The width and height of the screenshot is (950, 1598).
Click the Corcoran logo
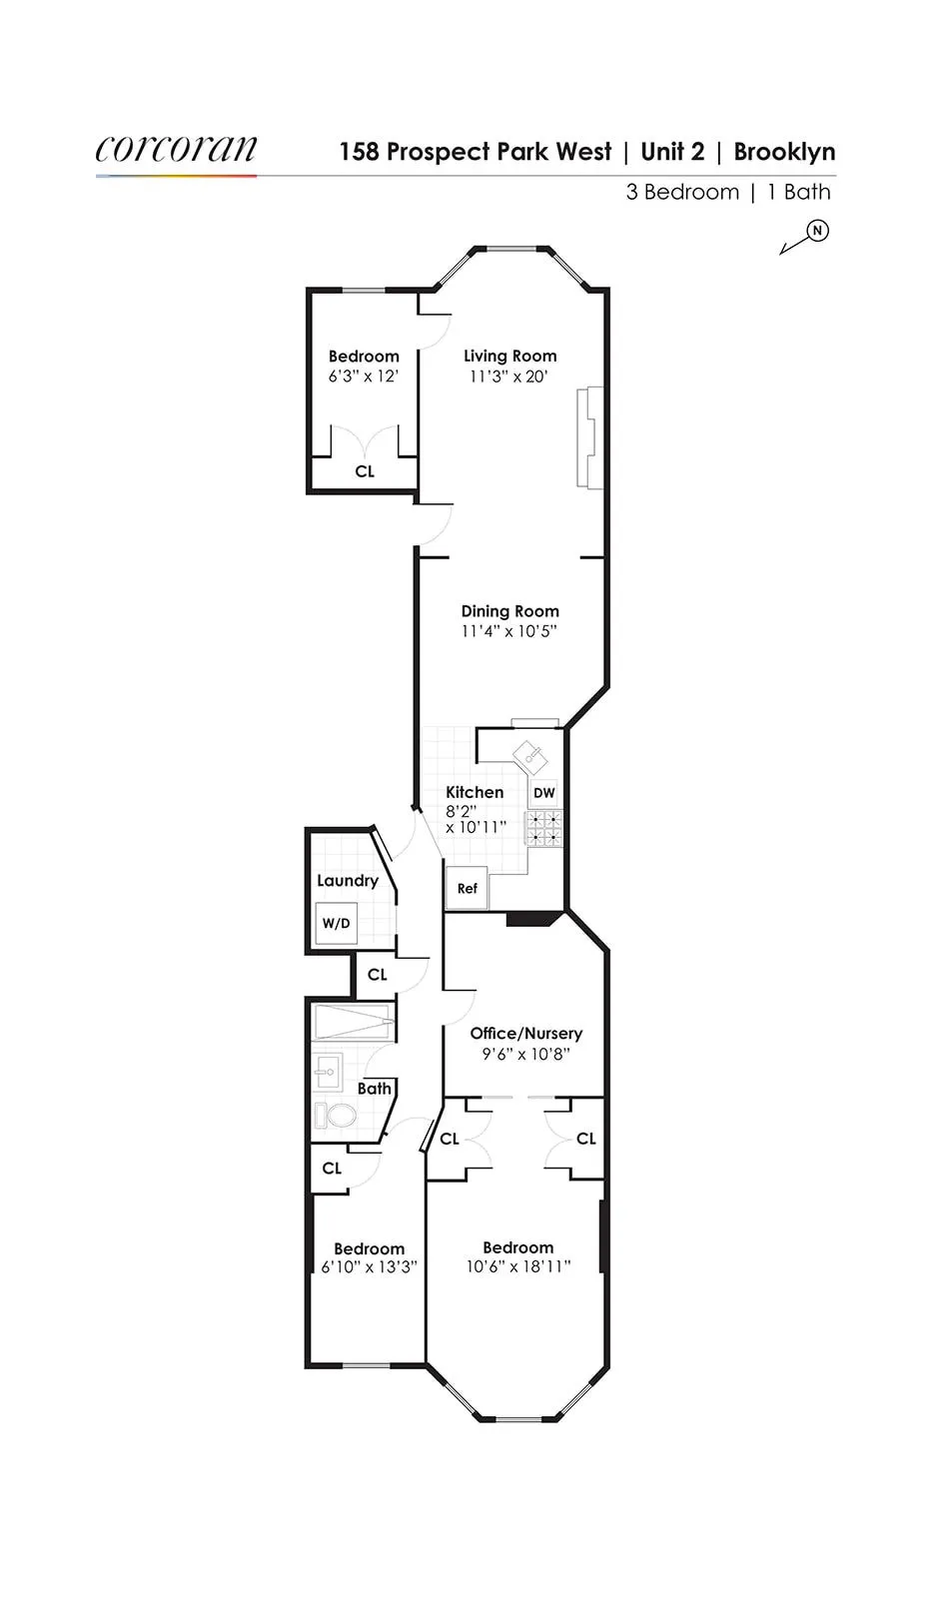pyautogui.click(x=176, y=150)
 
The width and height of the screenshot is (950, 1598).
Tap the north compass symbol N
pyautogui.click(x=818, y=231)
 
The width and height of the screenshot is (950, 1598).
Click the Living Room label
pyautogui.click(x=509, y=356)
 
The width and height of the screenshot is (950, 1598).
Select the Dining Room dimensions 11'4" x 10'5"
pyautogui.click(x=508, y=631)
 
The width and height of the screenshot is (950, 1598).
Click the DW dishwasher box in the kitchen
pyautogui.click(x=543, y=793)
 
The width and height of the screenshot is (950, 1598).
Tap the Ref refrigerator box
pyautogui.click(x=467, y=888)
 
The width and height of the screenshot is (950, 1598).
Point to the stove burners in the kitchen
pyautogui.click(x=544, y=828)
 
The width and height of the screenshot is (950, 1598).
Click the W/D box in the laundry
pyautogui.click(x=337, y=924)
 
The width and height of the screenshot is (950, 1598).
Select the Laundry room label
pyautogui.click(x=347, y=880)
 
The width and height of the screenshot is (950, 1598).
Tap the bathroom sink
pyautogui.click(x=327, y=1072)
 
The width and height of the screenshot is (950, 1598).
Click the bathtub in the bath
pyautogui.click(x=353, y=1023)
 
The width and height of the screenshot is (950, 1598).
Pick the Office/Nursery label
pyautogui.click(x=525, y=1033)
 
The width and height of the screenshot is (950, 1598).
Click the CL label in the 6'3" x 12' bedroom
pyautogui.click(x=365, y=471)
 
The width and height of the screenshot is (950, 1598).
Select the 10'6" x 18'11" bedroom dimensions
pyautogui.click(x=517, y=1266)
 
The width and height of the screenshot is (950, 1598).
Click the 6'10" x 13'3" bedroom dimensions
pyautogui.click(x=369, y=1267)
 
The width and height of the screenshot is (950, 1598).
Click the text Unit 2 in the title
pyautogui.click(x=672, y=152)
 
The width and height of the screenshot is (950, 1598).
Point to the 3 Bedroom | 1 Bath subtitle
pyautogui.click(x=727, y=192)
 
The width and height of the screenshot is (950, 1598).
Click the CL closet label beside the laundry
pyautogui.click(x=377, y=974)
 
